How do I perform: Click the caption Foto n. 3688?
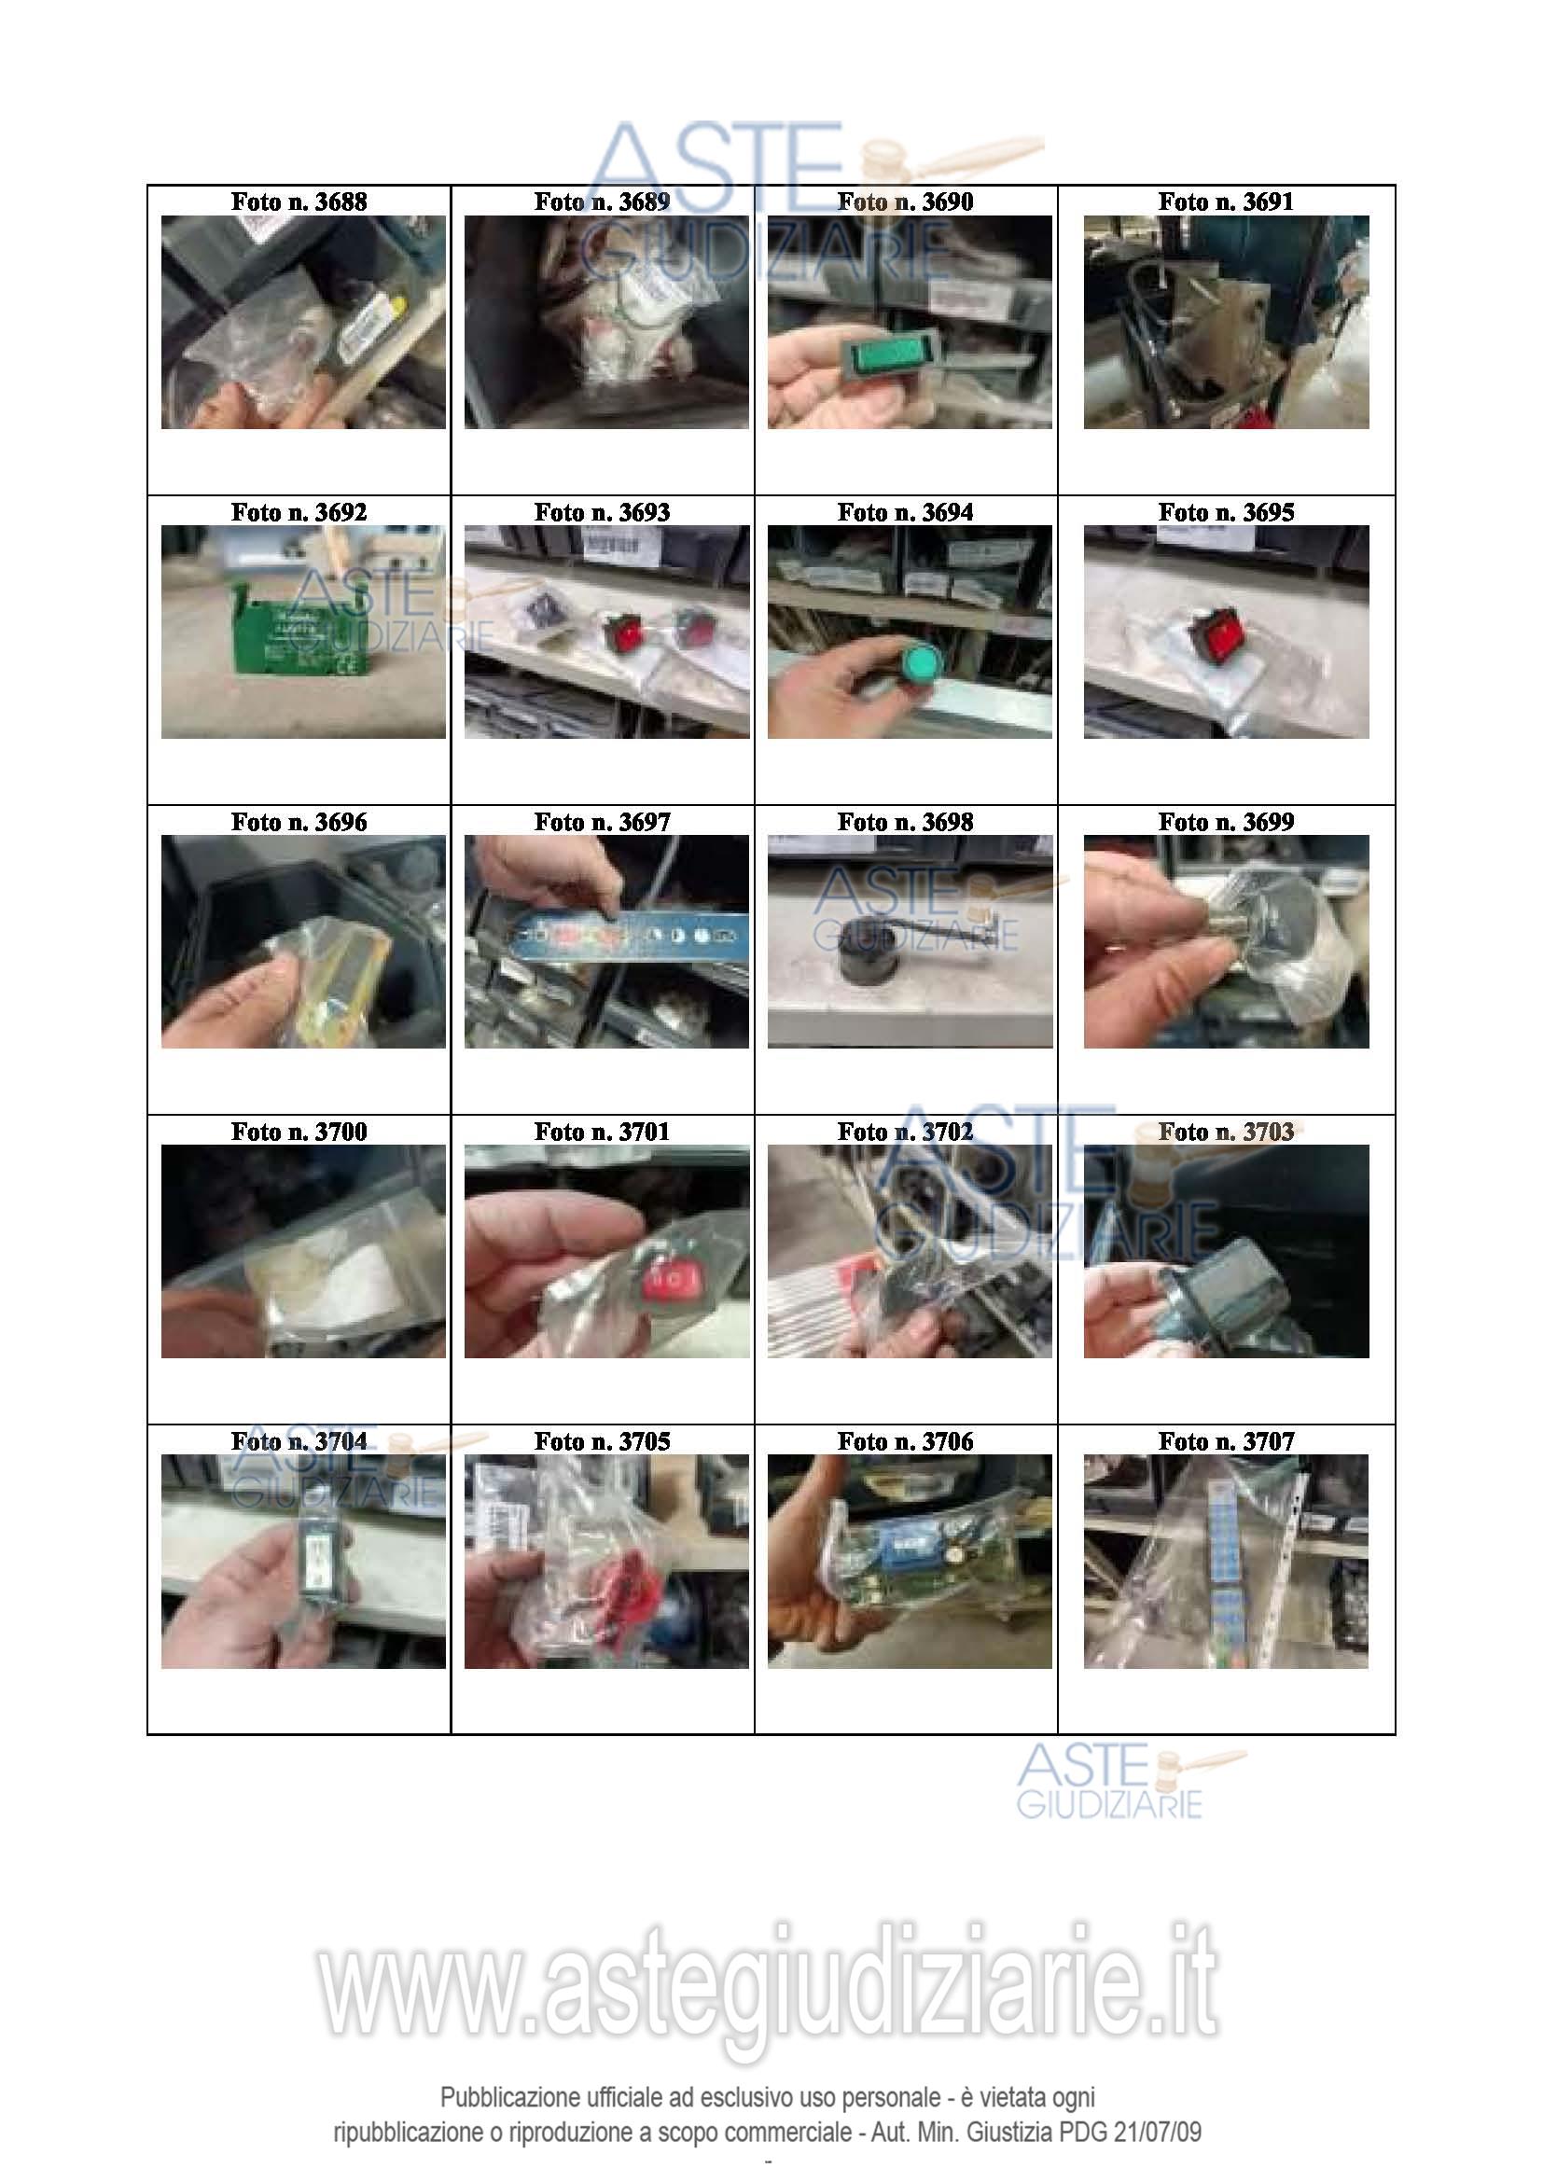pos(299,202)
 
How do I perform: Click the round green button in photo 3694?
pos(921,660)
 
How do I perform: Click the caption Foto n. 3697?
pos(603,822)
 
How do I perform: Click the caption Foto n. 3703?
pos(1226,1132)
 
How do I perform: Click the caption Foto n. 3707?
pos(1226,1441)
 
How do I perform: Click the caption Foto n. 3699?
pos(1226,822)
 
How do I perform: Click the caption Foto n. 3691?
pos(1226,202)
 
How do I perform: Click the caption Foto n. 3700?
pos(299,1132)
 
